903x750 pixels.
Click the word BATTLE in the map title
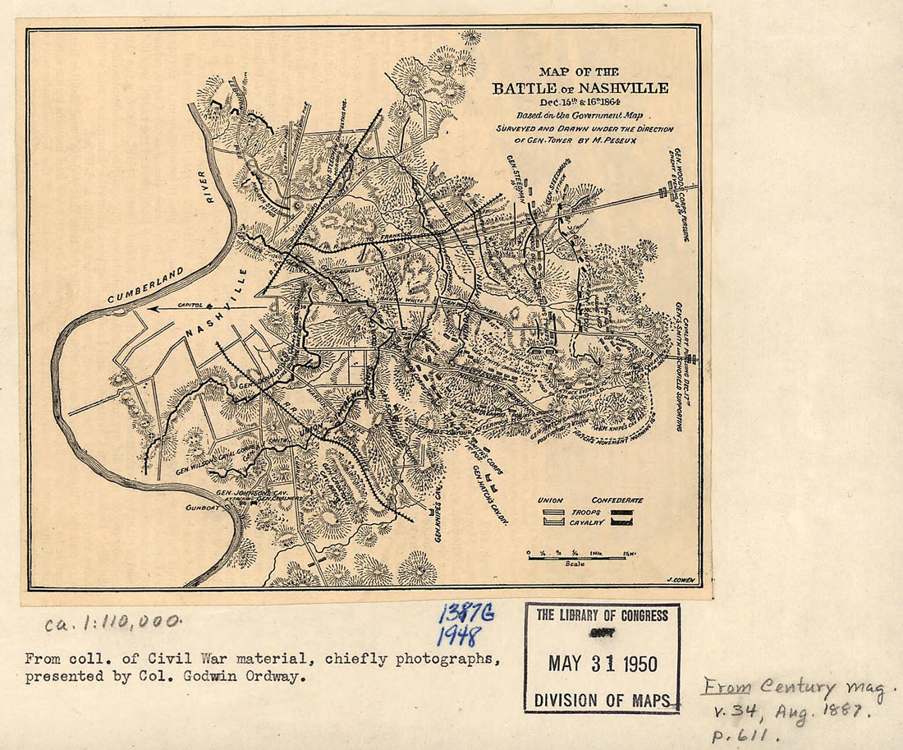[526, 89]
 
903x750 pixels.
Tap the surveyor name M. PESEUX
[625, 140]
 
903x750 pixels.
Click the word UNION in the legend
[550, 499]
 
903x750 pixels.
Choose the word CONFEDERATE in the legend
[617, 499]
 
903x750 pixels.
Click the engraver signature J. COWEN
[678, 580]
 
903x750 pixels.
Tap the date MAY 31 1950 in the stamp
[603, 664]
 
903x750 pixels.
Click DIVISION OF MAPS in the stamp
[603, 700]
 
